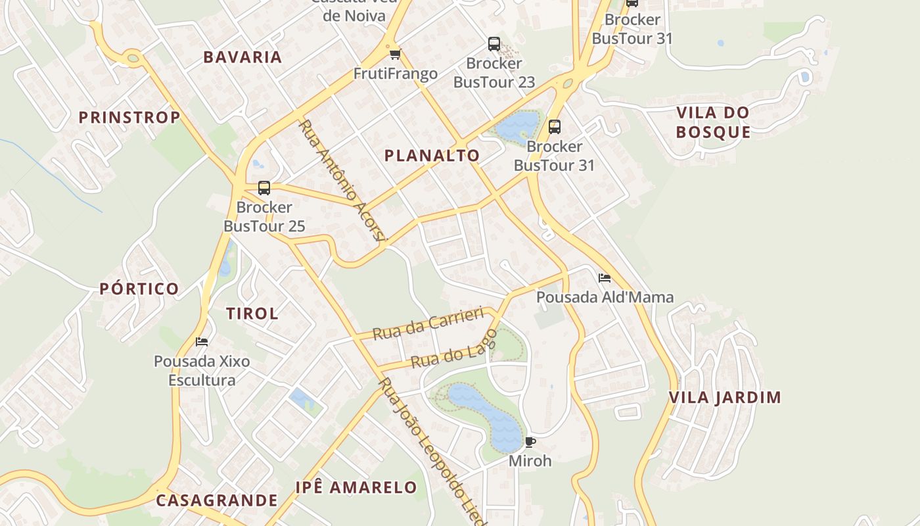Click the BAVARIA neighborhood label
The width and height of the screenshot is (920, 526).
coord(242,57)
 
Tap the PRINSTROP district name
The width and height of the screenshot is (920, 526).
coord(129,118)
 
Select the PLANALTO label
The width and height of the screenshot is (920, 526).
coord(432,156)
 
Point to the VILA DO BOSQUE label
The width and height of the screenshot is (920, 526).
coord(713,122)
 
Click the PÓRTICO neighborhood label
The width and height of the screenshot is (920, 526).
coord(139,289)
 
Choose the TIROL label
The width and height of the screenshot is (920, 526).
coord(252,314)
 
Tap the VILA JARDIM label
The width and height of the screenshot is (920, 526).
coord(725,397)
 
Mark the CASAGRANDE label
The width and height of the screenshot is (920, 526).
coord(217,500)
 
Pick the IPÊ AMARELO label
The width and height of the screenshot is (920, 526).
coord(356,487)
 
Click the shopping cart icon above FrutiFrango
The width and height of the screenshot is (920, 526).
coord(395,55)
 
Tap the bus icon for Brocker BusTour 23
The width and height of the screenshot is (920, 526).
coord(494,44)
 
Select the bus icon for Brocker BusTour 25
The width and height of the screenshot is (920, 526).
coord(264,188)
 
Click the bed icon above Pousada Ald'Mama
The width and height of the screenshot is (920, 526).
coord(605,278)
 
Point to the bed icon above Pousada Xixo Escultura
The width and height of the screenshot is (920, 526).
coord(202,342)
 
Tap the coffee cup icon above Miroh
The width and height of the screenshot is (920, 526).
coord(530,442)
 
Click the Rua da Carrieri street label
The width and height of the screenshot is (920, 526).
coord(428,323)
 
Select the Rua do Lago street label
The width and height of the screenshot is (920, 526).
coord(453,348)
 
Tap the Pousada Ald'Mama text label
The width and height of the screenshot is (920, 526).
coord(605,297)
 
